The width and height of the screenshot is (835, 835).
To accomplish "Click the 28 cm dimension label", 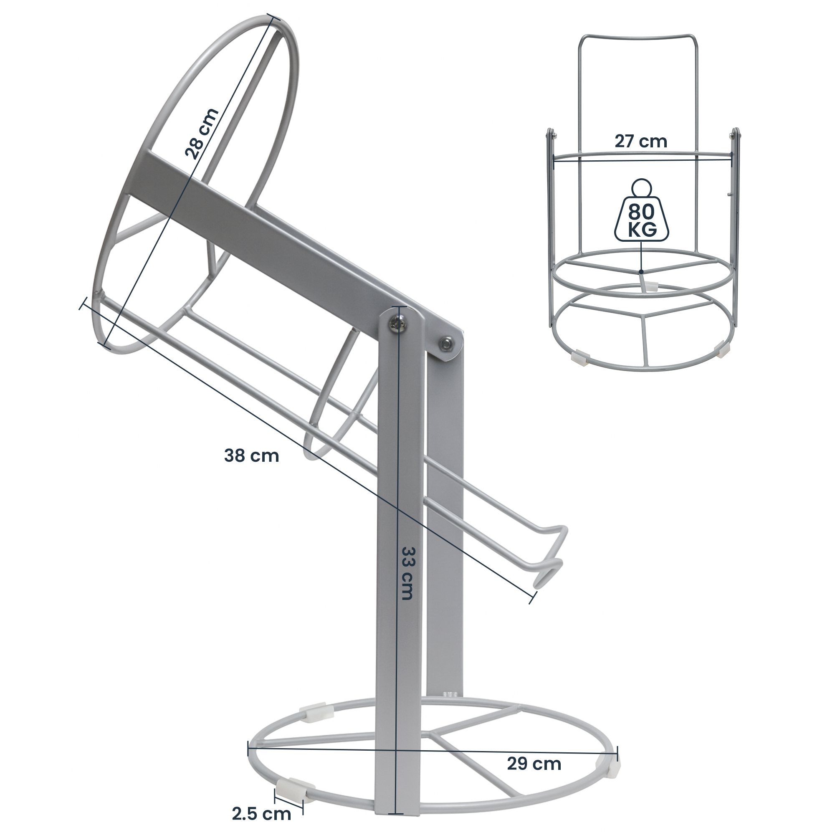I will (x=201, y=134).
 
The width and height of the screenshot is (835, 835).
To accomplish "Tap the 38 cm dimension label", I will (x=251, y=455).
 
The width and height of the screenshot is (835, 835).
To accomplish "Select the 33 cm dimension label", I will (x=407, y=573).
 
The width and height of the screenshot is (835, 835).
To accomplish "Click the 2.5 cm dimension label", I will (x=261, y=814).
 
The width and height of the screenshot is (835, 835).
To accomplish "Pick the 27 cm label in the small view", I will (x=640, y=142).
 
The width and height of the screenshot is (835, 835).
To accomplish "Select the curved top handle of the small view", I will (x=639, y=37).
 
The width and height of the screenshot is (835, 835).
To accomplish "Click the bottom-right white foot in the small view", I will (x=721, y=348).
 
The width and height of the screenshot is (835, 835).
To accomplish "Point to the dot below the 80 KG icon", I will (x=641, y=272).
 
